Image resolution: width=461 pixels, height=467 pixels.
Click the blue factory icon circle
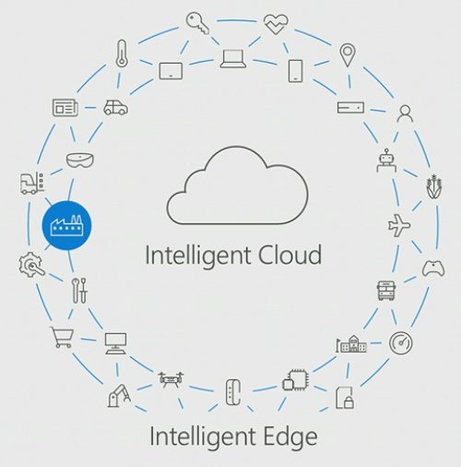[x=66, y=225]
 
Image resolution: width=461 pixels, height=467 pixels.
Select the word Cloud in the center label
[x=290, y=255]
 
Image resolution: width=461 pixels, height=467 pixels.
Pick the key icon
[x=197, y=23]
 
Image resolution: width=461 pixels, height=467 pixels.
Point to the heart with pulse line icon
[x=276, y=24]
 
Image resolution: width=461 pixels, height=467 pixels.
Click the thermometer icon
[x=122, y=54]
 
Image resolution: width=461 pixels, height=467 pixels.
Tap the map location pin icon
[x=348, y=55]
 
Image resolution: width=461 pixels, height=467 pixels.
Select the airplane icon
[x=399, y=225]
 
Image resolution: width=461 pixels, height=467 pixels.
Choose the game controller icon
[x=433, y=269]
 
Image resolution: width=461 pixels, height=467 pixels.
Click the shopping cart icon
[x=62, y=337]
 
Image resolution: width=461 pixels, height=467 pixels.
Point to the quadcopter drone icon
[x=171, y=379]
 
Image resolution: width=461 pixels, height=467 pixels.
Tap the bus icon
[x=386, y=291]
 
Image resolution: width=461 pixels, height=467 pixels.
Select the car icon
[x=115, y=107]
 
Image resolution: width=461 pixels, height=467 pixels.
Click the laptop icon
[x=233, y=59]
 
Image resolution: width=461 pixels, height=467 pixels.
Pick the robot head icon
[x=386, y=160]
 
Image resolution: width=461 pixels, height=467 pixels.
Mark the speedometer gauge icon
[x=400, y=342]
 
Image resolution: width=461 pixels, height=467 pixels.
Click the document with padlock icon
[x=345, y=398]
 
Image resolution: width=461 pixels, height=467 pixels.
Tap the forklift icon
[x=32, y=183]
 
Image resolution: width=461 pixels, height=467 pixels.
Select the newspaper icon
[x=65, y=107]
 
